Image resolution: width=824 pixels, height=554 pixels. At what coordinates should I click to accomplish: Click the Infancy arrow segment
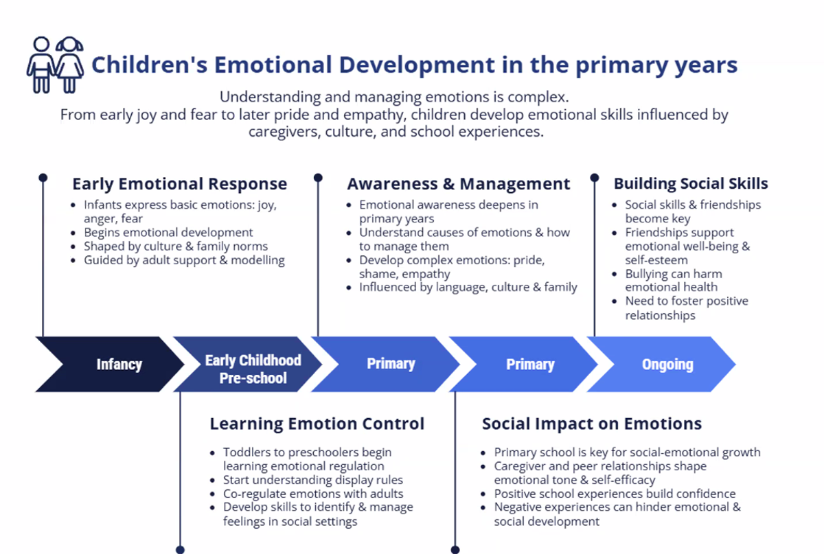pyautogui.click(x=111, y=364)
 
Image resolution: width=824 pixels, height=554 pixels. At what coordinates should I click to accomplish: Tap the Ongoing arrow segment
pyautogui.click(x=662, y=364)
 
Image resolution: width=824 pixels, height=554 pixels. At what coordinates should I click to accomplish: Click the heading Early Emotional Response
pyautogui.click(x=179, y=184)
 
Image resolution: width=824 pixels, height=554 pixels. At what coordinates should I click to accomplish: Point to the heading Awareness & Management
pyautogui.click(x=459, y=184)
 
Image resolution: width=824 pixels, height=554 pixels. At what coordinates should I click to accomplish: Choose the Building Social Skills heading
pyautogui.click(x=691, y=183)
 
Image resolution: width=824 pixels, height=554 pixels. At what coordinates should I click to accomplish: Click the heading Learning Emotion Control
pyautogui.click(x=317, y=424)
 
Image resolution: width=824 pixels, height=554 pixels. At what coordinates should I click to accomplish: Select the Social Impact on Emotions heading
pyautogui.click(x=592, y=424)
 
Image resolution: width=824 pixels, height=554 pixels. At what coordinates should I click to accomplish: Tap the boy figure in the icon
pyautogui.click(x=41, y=65)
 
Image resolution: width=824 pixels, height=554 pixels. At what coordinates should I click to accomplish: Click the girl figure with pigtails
pyautogui.click(x=69, y=65)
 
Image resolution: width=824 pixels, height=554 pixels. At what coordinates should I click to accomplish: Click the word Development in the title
pyautogui.click(x=417, y=65)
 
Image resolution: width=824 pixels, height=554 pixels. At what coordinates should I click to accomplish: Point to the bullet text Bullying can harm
pyautogui.click(x=674, y=274)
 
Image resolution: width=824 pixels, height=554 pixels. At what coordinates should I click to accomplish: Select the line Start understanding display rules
pyautogui.click(x=313, y=480)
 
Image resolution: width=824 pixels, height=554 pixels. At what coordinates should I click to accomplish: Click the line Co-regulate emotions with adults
pyautogui.click(x=313, y=494)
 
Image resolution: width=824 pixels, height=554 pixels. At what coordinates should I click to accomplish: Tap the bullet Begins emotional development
pyautogui.click(x=168, y=233)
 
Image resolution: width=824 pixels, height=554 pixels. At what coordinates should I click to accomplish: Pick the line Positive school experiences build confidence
pyautogui.click(x=615, y=494)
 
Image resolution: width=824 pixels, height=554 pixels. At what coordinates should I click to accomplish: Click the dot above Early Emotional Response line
pyautogui.click(x=43, y=178)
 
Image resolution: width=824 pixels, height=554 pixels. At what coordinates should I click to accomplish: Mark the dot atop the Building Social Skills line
pyautogui.click(x=595, y=178)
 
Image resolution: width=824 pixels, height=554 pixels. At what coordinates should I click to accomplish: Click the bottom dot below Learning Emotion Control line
pyautogui.click(x=180, y=550)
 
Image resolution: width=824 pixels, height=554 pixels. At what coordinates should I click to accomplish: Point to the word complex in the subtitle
pyautogui.click(x=538, y=97)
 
